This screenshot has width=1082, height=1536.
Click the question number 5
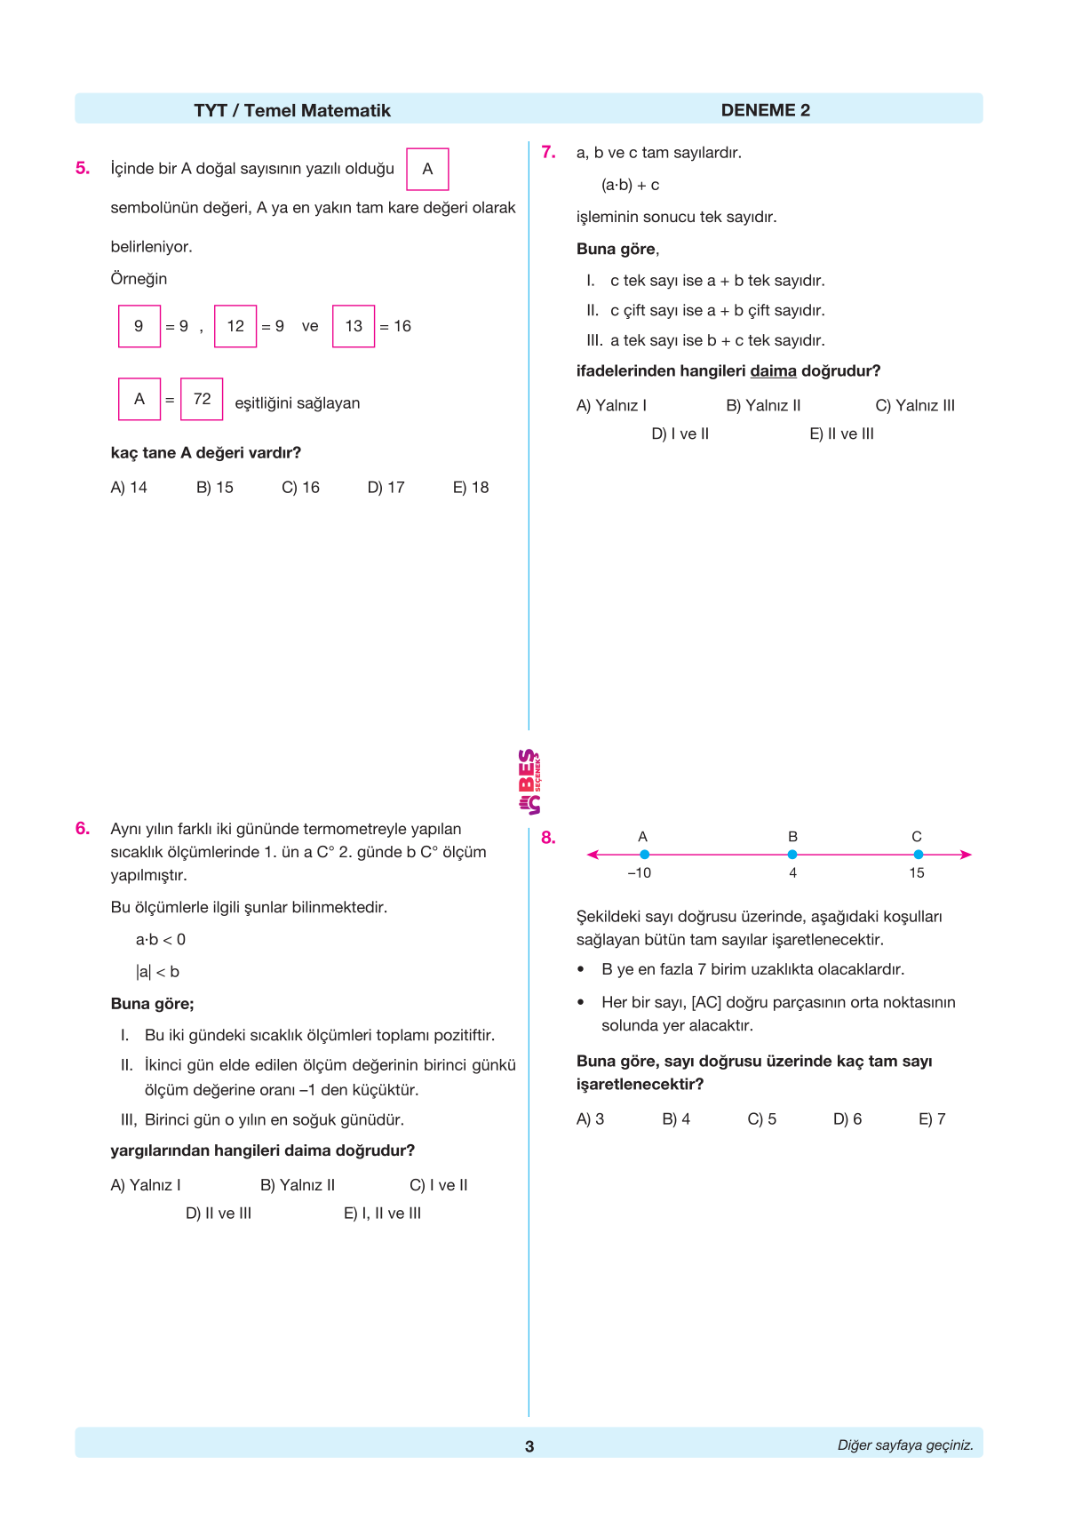83,168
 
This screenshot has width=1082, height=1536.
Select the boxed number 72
202,399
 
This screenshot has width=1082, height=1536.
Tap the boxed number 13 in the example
354,326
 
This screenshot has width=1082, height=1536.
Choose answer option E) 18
471,488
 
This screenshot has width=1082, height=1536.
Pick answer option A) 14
129,488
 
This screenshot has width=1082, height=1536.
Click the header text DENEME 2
765,110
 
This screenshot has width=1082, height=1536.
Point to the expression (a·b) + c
630,185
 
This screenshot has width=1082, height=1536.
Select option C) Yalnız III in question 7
914,406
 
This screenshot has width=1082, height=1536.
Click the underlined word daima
773,371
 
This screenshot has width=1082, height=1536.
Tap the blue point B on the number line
792,855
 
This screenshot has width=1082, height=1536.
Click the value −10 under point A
639,873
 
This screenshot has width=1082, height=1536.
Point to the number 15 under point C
917,873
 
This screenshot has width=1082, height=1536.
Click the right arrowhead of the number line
967,855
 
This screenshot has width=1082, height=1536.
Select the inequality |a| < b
157,972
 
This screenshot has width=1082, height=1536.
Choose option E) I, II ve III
382,1214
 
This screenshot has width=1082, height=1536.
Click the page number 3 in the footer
529,1446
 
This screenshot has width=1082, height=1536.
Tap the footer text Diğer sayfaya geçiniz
904,1445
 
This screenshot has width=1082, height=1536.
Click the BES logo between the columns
529,782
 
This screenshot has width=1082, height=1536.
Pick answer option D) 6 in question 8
847,1119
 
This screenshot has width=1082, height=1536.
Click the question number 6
83,829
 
